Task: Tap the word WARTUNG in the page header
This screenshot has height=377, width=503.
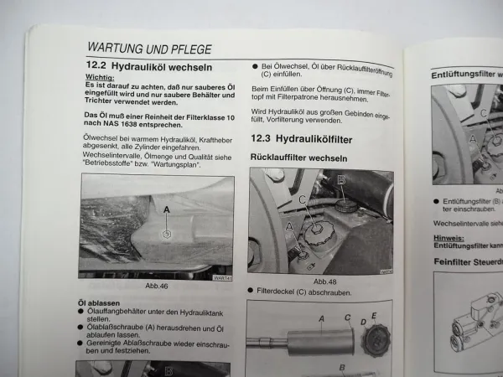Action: (117, 48)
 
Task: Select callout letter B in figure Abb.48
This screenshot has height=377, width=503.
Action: (340, 179)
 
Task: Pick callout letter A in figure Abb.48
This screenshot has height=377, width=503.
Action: (290, 226)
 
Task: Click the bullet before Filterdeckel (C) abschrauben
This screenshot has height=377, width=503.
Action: (253, 293)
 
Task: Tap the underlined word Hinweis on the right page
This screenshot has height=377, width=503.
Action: (449, 238)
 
